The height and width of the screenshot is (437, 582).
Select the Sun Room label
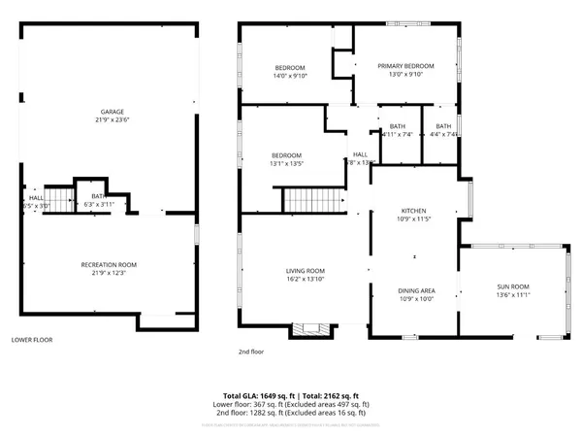pyautogui.click(x=513, y=286)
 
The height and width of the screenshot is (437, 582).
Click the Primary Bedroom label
pyautogui.click(x=405, y=66)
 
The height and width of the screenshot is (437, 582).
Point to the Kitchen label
pyautogui.click(x=414, y=211)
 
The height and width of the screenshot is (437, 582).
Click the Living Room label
pyautogui.click(x=305, y=271)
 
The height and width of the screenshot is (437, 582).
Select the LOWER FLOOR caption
pyautogui.click(x=31, y=340)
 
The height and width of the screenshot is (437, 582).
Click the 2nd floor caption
pyautogui.click(x=252, y=352)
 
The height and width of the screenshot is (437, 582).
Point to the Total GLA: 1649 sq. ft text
pyautogui.click(x=257, y=395)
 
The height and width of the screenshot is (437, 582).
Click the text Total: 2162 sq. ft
pyautogui.click(x=329, y=395)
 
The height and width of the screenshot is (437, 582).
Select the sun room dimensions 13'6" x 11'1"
pyautogui.click(x=513, y=294)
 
